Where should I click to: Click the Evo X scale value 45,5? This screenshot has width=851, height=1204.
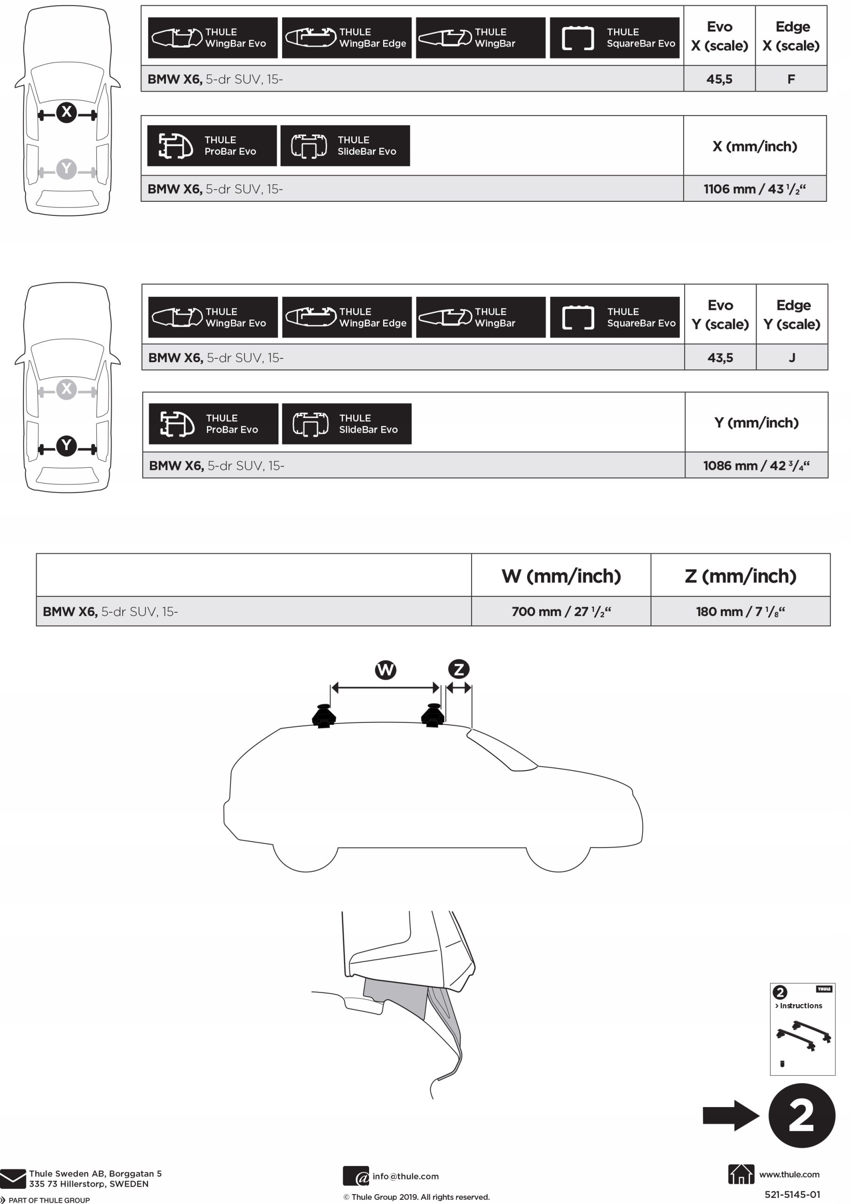pyautogui.click(x=719, y=79)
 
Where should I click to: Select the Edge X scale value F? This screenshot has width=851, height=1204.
pyautogui.click(x=791, y=79)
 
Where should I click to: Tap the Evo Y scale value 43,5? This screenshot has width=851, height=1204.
pyautogui.click(x=720, y=357)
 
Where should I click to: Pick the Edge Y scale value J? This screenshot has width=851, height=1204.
pyautogui.click(x=792, y=357)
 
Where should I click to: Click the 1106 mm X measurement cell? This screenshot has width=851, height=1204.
pyautogui.click(x=755, y=189)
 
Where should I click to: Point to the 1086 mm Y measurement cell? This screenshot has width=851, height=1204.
pyautogui.click(x=756, y=466)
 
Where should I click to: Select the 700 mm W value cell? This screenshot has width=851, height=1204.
pyautogui.click(x=561, y=611)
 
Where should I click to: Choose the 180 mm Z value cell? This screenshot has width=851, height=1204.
pyautogui.click(x=741, y=611)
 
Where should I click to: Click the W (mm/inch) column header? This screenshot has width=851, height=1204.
pyautogui.click(x=561, y=576)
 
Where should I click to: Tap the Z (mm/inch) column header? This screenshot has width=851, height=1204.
pyautogui.click(x=741, y=576)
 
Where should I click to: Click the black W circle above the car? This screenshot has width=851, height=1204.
pyautogui.click(x=386, y=670)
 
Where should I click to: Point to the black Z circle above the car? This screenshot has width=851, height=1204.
pyautogui.click(x=459, y=669)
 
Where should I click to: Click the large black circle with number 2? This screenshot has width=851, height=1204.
pyautogui.click(x=802, y=1116)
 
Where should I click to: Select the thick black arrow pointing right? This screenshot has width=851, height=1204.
pyautogui.click(x=730, y=1116)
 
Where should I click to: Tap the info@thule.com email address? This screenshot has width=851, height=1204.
pyautogui.click(x=405, y=1176)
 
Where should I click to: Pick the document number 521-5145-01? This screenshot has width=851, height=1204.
pyautogui.click(x=792, y=1195)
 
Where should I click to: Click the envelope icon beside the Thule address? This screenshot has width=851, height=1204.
pyautogui.click(x=13, y=1178)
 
